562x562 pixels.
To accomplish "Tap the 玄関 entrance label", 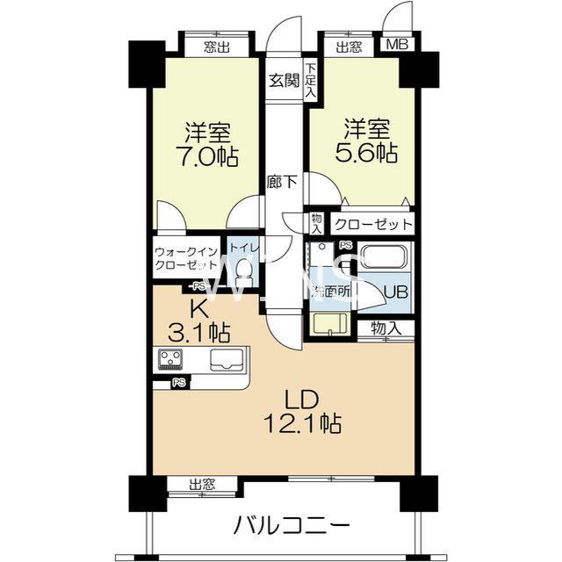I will [x=284, y=81].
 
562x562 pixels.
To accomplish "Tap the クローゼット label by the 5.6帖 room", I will [x=373, y=224].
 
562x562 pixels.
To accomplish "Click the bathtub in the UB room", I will [x=382, y=259].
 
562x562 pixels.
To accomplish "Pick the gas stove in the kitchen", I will [x=170, y=359].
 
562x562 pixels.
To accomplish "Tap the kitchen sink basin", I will [x=227, y=358].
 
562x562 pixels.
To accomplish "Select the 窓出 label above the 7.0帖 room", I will [x=216, y=47].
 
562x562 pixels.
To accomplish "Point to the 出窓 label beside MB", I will [x=349, y=47].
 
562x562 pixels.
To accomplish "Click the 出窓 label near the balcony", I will [x=202, y=483].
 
